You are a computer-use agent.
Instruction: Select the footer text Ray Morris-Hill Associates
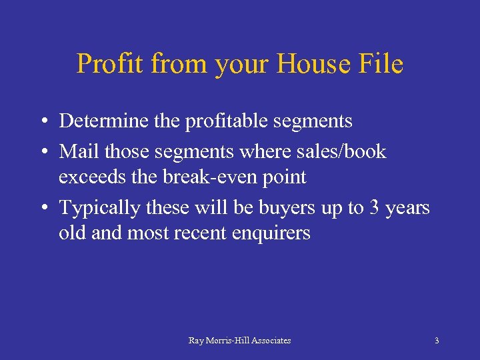(239, 341)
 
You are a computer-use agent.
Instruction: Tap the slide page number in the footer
(437, 341)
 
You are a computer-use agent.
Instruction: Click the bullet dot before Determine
(42, 121)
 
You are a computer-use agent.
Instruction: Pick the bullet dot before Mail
(42, 152)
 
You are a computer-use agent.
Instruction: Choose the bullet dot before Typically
(42, 209)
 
